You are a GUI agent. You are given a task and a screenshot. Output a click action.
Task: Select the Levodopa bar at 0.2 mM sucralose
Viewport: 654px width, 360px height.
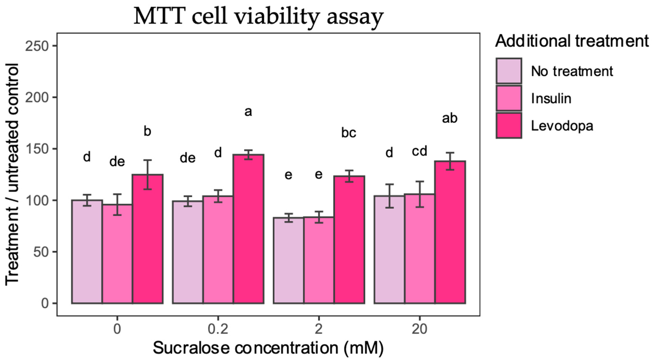(249, 229)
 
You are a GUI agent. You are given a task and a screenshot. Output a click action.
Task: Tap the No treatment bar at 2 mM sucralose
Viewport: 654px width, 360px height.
(288, 260)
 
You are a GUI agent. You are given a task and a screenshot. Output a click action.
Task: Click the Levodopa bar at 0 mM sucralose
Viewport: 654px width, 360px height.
(147, 239)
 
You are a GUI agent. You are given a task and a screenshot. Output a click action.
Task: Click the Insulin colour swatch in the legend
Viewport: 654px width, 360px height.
(509, 98)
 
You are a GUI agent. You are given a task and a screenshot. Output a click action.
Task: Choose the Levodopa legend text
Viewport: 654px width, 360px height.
(562, 126)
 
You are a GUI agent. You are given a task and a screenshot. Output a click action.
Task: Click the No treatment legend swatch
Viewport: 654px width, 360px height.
(509, 71)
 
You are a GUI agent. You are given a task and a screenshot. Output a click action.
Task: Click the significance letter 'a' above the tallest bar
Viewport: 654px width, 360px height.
(248, 112)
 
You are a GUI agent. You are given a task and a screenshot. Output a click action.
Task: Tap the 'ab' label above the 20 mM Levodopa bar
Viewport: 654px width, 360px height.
(450, 118)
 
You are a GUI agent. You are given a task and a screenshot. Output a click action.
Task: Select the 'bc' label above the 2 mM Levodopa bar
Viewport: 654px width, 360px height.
(349, 133)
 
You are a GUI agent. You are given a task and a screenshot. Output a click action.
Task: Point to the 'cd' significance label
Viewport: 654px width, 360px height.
(419, 151)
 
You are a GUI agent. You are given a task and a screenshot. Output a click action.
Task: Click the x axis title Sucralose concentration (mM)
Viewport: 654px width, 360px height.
(268, 348)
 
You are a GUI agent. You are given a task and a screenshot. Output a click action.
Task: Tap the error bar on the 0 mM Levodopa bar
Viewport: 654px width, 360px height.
(147, 175)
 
